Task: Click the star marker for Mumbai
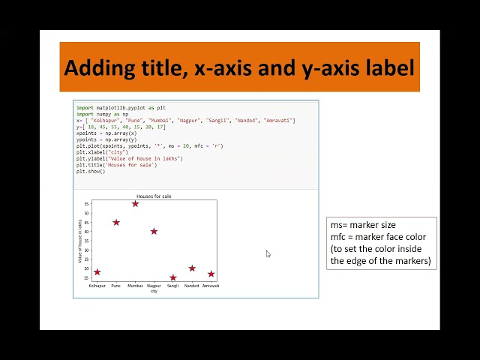(135, 203)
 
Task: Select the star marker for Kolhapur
(97, 272)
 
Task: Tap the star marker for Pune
(116, 222)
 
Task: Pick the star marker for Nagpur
(154, 231)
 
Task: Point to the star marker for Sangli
(173, 277)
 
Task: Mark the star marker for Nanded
(192, 268)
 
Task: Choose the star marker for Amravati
(211, 274)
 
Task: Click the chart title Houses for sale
(154, 196)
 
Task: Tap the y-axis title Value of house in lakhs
(80, 240)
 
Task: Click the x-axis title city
(154, 291)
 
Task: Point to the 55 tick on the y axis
(87, 203)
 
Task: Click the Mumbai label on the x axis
(135, 286)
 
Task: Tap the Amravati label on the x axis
(211, 286)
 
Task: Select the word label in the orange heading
(387, 67)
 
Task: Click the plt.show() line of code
(90, 172)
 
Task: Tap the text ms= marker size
(363, 225)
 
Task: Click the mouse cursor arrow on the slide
(268, 254)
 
